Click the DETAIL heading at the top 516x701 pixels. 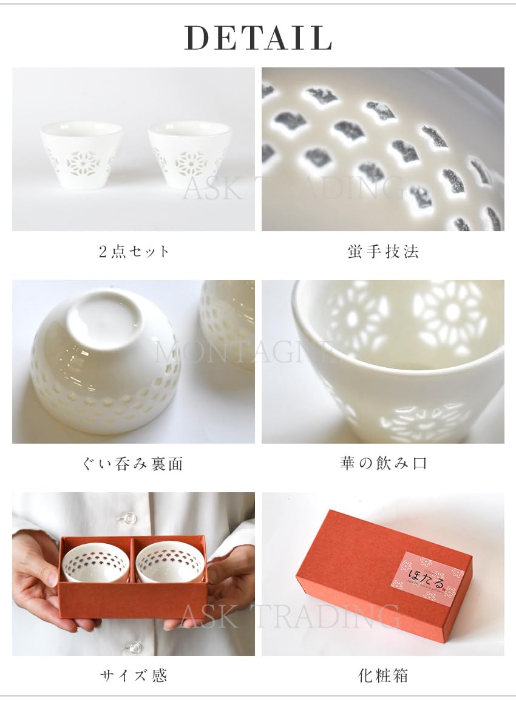[258, 38]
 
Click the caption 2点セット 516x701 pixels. [134, 251]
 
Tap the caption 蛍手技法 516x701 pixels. [383, 251]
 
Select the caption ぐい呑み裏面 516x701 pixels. [133, 464]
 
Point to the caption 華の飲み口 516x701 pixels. [383, 464]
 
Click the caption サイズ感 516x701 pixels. [134, 675]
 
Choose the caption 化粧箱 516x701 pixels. [383, 675]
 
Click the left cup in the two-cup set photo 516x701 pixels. [81, 154]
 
